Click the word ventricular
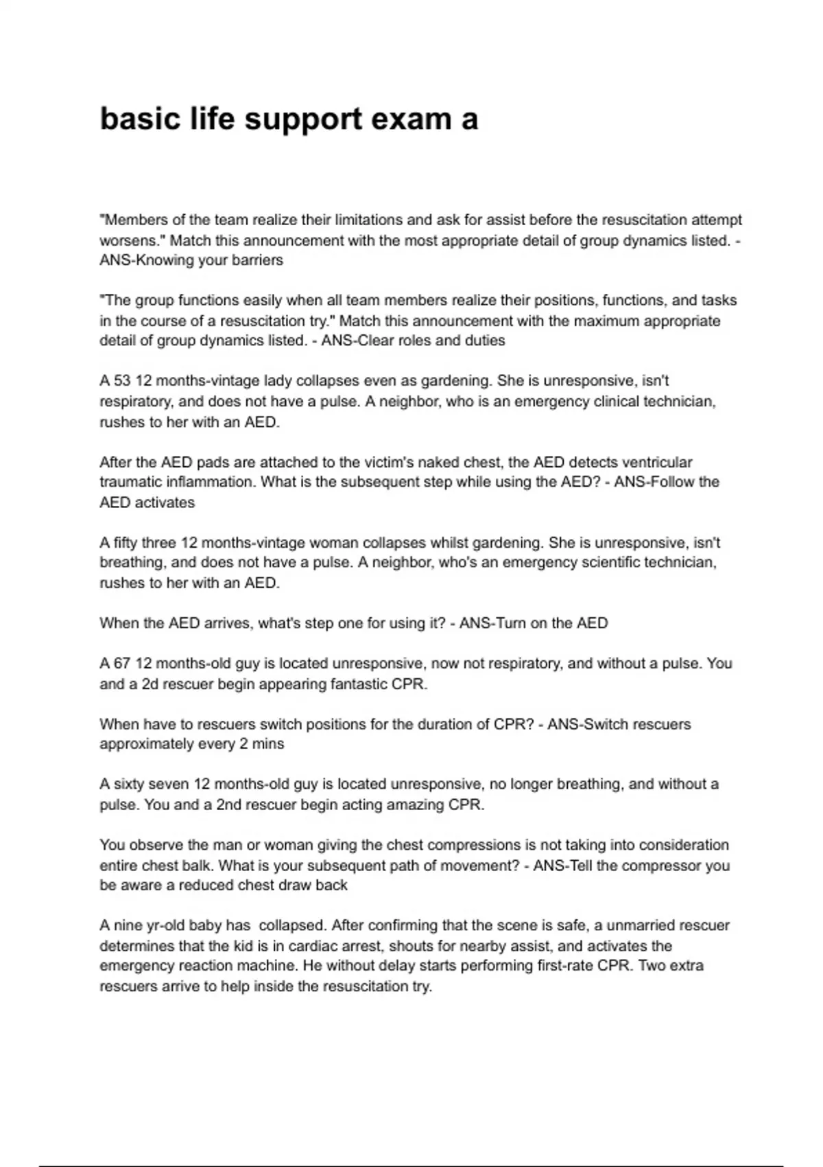click(651, 462)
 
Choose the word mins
click(268, 744)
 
